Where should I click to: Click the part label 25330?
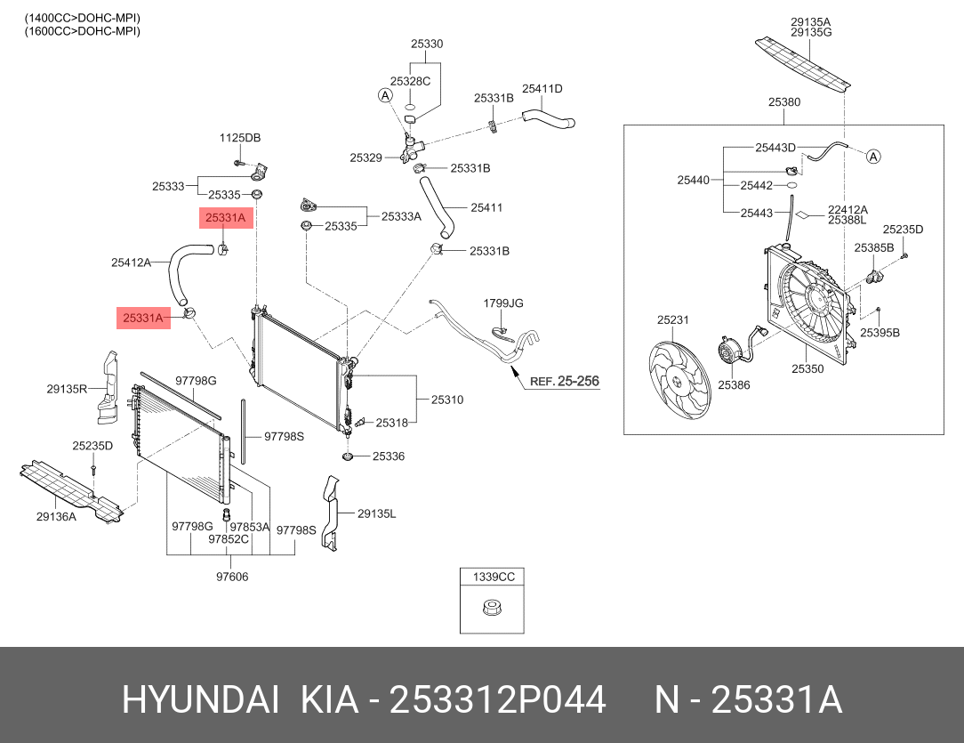coord(427,44)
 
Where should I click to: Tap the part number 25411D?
coord(542,88)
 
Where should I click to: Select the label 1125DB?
coord(240,138)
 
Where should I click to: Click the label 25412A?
coord(131,262)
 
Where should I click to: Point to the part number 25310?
coord(447,400)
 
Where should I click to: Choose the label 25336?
coord(389,456)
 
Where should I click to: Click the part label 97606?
coord(232,577)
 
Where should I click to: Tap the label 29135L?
coord(377,513)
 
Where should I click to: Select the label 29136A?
coord(56,516)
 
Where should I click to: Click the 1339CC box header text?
coord(494,577)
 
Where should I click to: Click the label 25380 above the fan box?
coord(784,102)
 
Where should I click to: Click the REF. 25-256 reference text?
coord(564,382)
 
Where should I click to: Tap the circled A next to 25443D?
coord(873,157)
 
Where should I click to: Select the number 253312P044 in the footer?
coord(499,700)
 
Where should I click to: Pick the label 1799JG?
coord(503,303)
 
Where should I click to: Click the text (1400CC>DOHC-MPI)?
coord(82,19)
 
